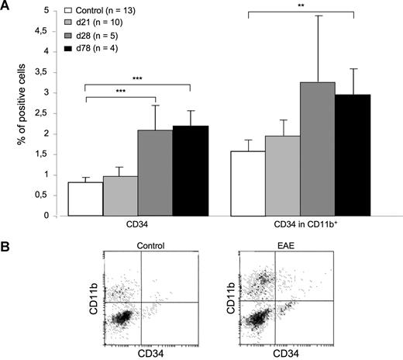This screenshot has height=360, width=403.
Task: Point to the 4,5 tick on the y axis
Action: pyautogui.click(x=49, y=31)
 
